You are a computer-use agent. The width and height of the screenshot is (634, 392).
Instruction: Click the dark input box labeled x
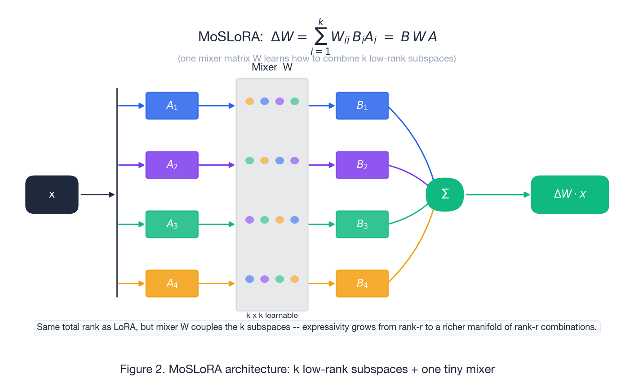click(x=52, y=194)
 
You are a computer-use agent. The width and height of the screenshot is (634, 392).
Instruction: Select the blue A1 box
click(x=172, y=106)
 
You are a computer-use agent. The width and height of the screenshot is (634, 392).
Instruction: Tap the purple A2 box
click(x=172, y=165)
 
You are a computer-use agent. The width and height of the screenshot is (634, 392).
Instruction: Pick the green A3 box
click(x=172, y=225)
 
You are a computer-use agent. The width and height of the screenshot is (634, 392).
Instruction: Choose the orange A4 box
click(x=172, y=284)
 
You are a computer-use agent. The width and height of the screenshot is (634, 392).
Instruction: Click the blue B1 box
click(x=362, y=106)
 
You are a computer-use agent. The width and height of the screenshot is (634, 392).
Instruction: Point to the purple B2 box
click(x=362, y=165)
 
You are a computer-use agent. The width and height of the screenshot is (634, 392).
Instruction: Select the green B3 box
click(x=362, y=225)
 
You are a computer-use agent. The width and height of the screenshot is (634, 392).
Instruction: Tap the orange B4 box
click(x=362, y=284)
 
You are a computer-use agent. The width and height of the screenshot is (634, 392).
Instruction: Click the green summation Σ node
click(x=445, y=194)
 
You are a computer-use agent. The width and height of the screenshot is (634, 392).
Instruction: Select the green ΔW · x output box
click(x=570, y=194)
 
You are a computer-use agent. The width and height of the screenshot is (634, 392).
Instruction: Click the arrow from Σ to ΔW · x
click(x=497, y=195)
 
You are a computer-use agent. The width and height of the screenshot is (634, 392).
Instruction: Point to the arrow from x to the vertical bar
click(x=98, y=195)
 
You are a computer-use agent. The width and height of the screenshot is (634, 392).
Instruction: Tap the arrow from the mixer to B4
click(x=322, y=284)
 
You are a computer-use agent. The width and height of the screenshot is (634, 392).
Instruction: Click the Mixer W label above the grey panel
click(x=272, y=67)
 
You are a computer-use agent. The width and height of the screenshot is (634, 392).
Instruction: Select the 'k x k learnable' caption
click(x=272, y=316)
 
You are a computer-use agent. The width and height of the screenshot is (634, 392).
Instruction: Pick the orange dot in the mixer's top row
click(x=250, y=101)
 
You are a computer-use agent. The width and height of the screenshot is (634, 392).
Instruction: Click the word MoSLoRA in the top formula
click(x=230, y=37)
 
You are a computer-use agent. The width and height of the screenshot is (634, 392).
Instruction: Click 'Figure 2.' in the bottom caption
click(x=142, y=370)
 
